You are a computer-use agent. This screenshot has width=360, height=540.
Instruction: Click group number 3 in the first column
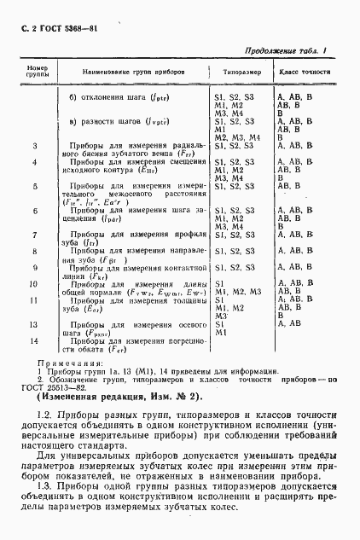point(35,146)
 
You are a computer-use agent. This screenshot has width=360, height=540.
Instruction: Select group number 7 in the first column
point(35,234)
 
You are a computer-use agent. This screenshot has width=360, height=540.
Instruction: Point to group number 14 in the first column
point(35,340)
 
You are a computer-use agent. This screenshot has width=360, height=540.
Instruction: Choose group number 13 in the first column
point(35,324)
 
